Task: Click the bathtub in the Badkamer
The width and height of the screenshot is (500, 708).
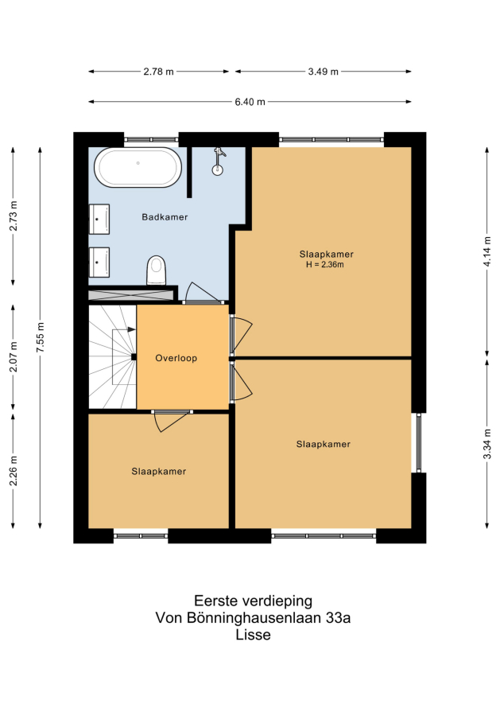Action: (138, 167)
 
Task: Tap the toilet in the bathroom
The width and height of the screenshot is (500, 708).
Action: (157, 270)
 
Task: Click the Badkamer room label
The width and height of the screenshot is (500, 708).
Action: (165, 217)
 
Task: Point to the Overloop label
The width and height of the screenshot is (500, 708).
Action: (176, 358)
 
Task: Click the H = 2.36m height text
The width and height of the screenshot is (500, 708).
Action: (325, 265)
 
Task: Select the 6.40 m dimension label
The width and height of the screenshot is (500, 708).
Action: (250, 102)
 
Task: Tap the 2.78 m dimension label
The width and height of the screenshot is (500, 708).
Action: (158, 72)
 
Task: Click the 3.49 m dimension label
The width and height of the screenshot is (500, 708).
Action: (323, 72)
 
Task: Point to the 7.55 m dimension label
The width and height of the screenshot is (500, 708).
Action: (41, 338)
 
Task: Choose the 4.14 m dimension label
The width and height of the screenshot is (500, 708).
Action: (487, 251)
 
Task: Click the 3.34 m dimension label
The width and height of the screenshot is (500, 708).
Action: (487, 445)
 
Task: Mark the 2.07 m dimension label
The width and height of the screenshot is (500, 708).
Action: (14, 356)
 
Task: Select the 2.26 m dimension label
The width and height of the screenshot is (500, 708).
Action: (14, 471)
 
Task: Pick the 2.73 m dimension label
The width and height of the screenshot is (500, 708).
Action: (14, 216)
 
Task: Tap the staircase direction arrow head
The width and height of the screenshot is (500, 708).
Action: (132, 329)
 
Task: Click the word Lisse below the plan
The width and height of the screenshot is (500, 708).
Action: (253, 635)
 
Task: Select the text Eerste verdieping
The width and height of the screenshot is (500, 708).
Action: (253, 601)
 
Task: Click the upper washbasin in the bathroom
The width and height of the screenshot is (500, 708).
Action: (99, 219)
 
